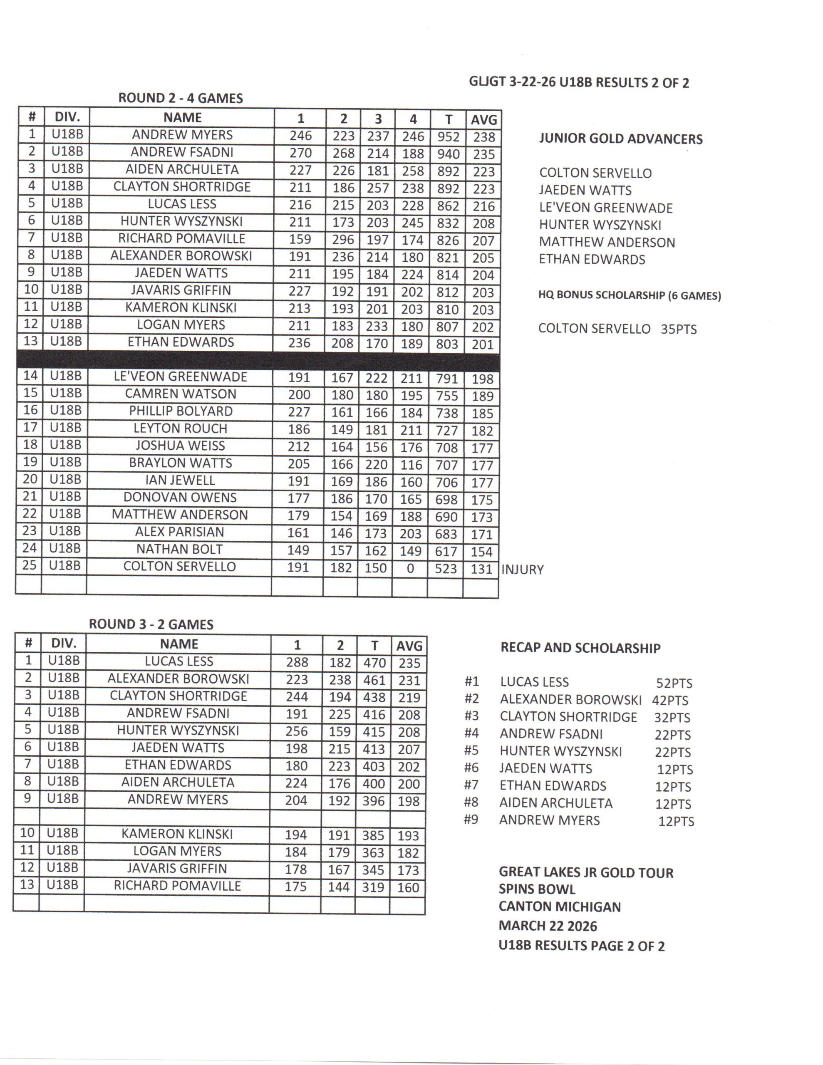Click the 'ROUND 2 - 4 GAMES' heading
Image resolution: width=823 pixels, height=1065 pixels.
click(181, 98)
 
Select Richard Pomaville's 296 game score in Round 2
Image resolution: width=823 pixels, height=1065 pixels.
click(343, 240)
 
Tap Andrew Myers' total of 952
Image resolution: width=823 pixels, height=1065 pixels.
click(448, 137)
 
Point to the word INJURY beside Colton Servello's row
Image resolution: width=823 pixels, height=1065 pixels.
click(522, 570)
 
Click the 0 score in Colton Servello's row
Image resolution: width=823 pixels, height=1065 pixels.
click(410, 569)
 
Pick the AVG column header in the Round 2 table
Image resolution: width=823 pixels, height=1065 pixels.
click(483, 120)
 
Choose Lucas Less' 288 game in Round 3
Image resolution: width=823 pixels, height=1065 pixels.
click(297, 662)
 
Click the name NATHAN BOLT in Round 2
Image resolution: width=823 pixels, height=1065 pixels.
click(179, 549)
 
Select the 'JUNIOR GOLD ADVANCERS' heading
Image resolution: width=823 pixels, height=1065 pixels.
click(620, 139)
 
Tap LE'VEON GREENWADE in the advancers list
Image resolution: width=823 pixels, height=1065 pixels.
click(605, 208)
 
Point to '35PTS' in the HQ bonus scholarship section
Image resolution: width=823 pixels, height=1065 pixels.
click(679, 329)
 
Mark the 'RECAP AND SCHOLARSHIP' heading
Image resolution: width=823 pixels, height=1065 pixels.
click(580, 648)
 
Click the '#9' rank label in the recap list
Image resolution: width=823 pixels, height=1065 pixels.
click(471, 819)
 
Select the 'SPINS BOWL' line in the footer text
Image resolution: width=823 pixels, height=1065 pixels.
click(537, 889)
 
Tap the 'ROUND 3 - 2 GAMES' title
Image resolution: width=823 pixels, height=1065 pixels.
click(151, 625)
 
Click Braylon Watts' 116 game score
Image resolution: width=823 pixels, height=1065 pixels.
click(411, 465)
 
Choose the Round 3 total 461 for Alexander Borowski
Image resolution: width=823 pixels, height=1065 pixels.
click(374, 680)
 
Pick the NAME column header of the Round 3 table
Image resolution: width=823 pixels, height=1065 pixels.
click(178, 644)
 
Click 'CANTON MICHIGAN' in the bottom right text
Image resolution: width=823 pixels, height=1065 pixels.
click(560, 907)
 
